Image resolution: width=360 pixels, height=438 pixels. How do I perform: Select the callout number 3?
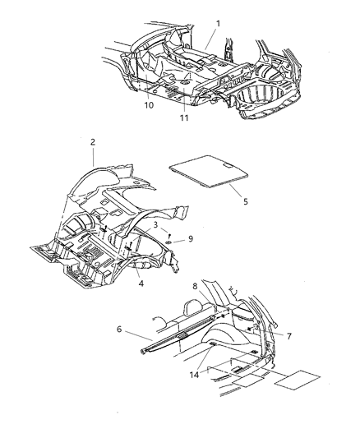(155, 224)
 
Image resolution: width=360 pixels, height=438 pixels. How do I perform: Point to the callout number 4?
(141, 285)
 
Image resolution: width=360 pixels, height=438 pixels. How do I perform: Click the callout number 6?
(121, 329)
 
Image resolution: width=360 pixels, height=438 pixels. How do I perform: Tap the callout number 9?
(191, 239)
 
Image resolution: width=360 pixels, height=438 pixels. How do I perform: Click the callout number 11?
(185, 118)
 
